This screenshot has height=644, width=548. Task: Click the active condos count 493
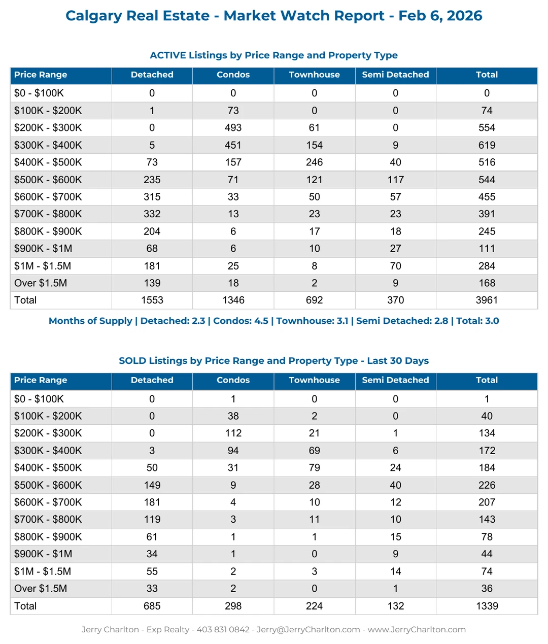[233, 128]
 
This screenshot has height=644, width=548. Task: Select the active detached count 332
[152, 214]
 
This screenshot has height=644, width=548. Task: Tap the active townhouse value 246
[314, 162]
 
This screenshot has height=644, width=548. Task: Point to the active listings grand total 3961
[487, 300]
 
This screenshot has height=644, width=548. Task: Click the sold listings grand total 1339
[487, 606]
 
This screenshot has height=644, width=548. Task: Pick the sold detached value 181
[152, 502]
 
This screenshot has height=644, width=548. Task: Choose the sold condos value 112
[233, 433]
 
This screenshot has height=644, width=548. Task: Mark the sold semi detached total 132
[395, 606]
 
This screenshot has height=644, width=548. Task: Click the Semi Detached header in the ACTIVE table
[395, 75]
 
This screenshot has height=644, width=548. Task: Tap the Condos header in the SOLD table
[233, 380]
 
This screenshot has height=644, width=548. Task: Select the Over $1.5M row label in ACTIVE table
[41, 283]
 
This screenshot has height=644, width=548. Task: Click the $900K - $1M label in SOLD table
[43, 554]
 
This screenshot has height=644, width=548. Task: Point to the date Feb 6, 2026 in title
[440, 16]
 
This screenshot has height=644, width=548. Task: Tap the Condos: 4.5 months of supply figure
[241, 321]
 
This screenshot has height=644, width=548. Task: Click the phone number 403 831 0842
[223, 630]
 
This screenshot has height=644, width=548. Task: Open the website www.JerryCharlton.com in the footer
[417, 630]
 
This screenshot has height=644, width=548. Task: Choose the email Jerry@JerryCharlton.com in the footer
[308, 630]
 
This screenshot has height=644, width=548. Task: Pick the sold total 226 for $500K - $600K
[487, 485]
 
